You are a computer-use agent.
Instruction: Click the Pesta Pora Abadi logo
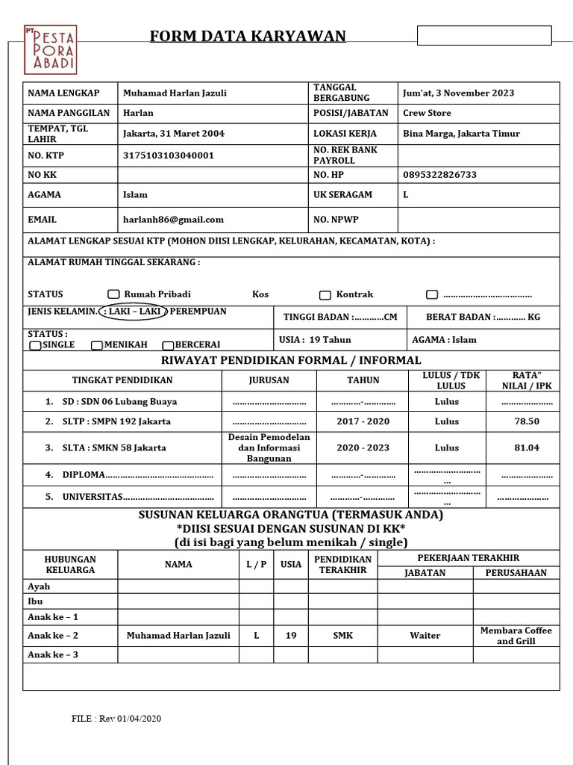coord(49,49)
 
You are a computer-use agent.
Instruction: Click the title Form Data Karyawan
coord(248,37)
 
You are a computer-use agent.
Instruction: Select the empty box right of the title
coord(483,36)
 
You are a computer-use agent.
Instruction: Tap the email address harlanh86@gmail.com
coord(173,220)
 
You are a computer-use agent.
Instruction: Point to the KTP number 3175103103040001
coord(168,155)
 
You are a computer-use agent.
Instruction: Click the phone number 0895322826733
coord(439,175)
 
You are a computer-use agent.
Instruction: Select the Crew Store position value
coord(427,113)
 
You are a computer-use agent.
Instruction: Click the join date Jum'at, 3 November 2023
coord(458,93)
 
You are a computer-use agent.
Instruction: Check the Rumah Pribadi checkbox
coord(113,294)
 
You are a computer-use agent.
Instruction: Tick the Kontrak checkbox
coord(325,295)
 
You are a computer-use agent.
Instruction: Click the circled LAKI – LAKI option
coord(133,312)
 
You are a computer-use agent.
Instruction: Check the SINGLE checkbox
coord(35,345)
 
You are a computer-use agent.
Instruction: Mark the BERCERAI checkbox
coord(168,345)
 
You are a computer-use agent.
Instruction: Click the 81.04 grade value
coord(526,447)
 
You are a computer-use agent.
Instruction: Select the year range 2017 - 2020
coord(363,421)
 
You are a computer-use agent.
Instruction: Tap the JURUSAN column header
coord(269,380)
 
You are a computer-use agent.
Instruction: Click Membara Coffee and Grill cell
coord(516,636)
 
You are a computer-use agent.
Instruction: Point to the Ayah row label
coord(39,586)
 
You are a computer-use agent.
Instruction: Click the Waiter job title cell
coord(425,636)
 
